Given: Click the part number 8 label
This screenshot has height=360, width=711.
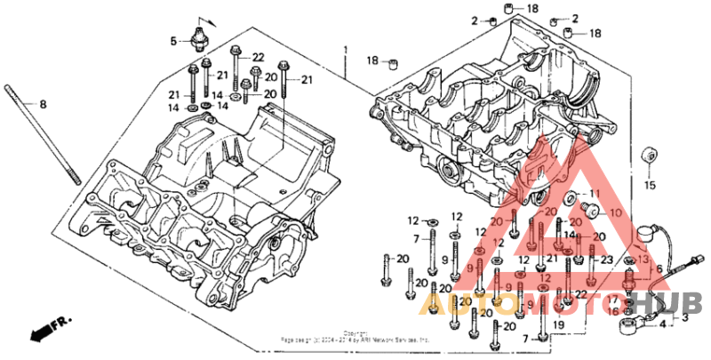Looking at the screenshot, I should click(42, 106).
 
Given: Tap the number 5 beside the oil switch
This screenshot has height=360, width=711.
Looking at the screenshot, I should click(174, 40).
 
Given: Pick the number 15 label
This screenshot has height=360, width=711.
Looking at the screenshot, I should click(649, 186).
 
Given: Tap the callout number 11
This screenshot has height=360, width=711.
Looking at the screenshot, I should click(595, 193).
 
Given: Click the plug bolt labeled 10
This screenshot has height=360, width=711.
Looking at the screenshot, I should click(590, 210).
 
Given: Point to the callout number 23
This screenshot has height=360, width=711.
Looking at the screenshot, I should click(607, 261).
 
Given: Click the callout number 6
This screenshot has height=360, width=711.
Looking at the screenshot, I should click(659, 268).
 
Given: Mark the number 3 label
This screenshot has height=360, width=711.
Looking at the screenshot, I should click(685, 316).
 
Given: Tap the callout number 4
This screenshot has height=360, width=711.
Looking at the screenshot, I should click(662, 325).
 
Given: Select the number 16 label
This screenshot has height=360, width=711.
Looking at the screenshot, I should click(613, 311).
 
